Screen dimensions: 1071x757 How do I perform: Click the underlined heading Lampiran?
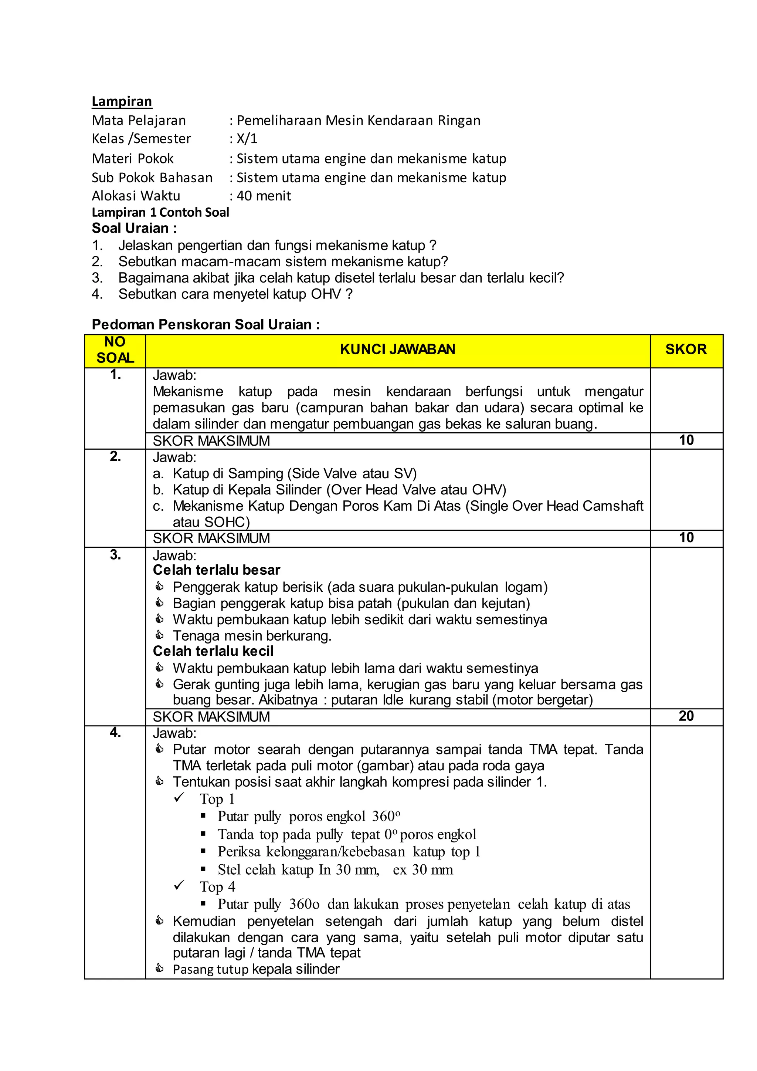tap(122, 102)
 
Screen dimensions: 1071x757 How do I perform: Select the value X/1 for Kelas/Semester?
tap(247, 139)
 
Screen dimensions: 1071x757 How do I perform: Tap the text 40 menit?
tap(264, 196)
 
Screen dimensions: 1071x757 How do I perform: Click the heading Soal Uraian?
tap(134, 228)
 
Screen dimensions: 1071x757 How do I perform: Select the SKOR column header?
tap(686, 349)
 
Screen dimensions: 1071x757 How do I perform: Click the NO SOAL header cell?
tap(115, 350)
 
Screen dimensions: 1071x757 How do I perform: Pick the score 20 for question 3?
tap(686, 716)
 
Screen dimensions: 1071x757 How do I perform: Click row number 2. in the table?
tap(115, 457)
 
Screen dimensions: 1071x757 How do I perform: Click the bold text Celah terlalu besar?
tap(216, 570)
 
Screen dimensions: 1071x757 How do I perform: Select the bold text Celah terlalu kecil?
tap(213, 651)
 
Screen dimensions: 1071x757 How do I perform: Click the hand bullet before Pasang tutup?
tap(159, 969)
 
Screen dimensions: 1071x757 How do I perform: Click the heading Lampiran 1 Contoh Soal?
tap(160, 213)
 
